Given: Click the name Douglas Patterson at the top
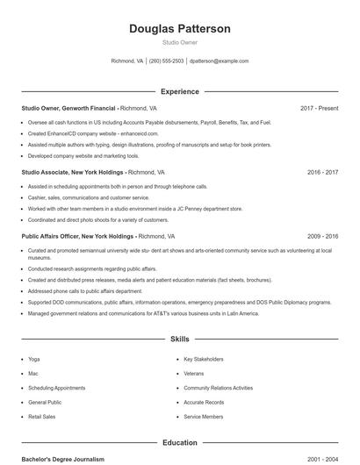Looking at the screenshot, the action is point(179,29).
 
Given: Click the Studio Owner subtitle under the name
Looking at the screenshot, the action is point(179,43).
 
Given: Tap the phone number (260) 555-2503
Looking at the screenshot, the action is point(166,61).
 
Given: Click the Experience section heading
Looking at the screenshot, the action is point(179,91).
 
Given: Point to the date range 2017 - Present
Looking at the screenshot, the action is point(319,108).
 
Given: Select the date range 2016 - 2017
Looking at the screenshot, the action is point(322,173).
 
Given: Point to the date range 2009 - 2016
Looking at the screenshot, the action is point(322,237).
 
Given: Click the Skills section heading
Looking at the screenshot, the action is point(179,338).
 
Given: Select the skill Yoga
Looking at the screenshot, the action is point(33,359).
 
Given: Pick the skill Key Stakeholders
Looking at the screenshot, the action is point(203,359).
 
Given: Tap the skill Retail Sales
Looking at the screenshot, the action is point(41,417).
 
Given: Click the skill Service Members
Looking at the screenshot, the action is point(203,417).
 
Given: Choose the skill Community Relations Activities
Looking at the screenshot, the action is point(218,388).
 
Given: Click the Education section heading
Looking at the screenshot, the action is point(179,443).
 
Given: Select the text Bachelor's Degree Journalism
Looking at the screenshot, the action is point(62,459).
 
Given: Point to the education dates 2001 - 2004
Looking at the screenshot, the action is point(322,459).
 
